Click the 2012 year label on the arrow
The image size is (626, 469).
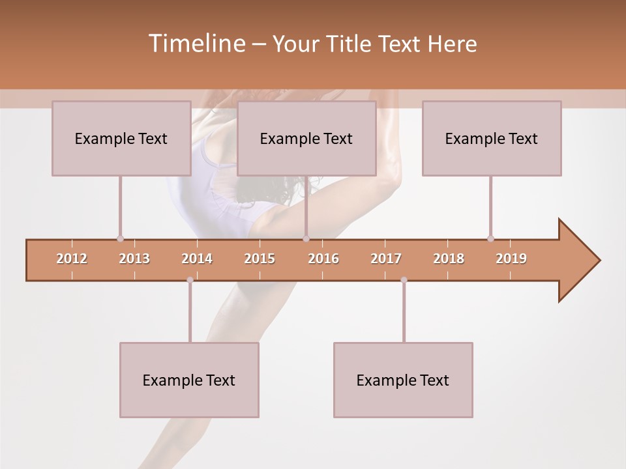click(x=72, y=259)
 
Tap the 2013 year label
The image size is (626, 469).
click(x=134, y=259)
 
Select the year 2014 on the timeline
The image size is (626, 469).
click(x=197, y=259)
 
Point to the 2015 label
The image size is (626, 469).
click(x=260, y=259)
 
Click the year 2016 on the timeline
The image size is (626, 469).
click(x=323, y=259)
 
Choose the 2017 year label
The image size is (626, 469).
click(x=386, y=259)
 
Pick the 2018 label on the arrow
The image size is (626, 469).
click(x=449, y=259)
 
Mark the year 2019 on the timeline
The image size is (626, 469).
click(x=511, y=259)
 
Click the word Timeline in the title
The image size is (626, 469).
click(x=196, y=44)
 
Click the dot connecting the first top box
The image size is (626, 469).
click(x=120, y=238)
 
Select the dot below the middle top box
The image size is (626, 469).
click(x=306, y=238)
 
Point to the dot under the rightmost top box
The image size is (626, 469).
click(x=490, y=238)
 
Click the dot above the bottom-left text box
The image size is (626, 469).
click(x=190, y=280)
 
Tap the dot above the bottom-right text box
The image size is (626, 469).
click(x=404, y=280)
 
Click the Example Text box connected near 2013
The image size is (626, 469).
click(x=121, y=139)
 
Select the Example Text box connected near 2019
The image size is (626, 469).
click(x=492, y=139)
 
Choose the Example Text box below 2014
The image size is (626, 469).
click(x=189, y=380)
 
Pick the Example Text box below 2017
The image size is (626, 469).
click(x=403, y=380)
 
